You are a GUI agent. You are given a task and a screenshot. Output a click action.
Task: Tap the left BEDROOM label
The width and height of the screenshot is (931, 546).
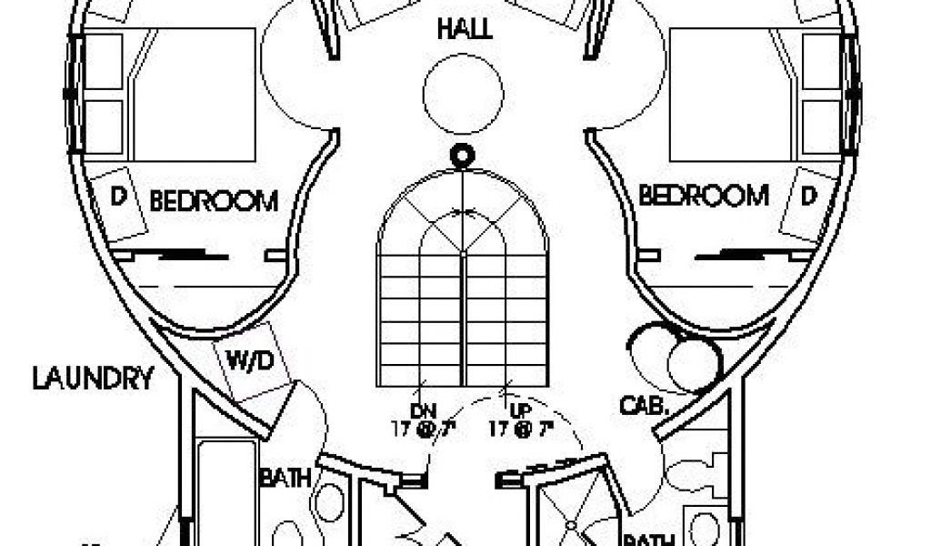pos(214,200)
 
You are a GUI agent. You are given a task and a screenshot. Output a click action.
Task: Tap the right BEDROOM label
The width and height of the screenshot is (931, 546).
pos(703,195)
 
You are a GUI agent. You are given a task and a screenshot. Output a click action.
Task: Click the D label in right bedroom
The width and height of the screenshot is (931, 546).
pos(808,195)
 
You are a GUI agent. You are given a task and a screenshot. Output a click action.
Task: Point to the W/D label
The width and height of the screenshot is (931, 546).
pos(249,361)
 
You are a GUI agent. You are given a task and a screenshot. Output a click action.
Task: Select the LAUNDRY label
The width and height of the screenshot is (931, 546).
pos(93,378)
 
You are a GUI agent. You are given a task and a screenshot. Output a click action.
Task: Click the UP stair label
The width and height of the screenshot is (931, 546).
pos(509,410)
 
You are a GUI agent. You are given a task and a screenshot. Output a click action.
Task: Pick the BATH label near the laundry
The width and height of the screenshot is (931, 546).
pos(286,476)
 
